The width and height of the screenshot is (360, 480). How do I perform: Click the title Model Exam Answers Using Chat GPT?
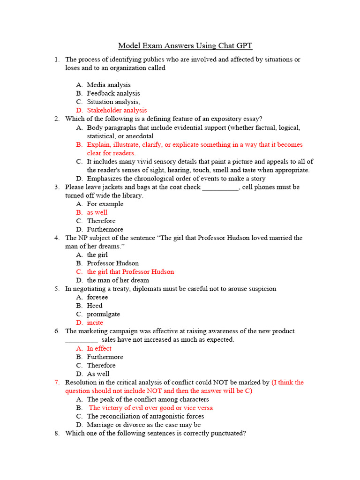point(185,45)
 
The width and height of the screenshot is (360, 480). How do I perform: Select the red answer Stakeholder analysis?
point(117,110)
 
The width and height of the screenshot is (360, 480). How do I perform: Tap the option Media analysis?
point(109,85)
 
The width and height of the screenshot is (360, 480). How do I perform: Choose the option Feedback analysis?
point(113,93)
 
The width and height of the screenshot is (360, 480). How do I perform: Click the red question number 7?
point(56,382)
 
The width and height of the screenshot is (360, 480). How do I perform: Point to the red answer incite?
point(95,322)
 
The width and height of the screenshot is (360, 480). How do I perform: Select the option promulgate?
point(103,314)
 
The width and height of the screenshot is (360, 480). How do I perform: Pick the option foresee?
point(97,297)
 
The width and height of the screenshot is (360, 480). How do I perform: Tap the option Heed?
point(95,306)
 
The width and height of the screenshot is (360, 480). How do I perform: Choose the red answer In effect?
point(99,348)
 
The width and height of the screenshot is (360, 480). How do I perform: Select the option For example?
point(105,204)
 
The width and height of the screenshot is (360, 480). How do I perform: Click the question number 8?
point(56,433)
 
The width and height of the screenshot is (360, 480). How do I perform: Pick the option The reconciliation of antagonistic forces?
point(145,416)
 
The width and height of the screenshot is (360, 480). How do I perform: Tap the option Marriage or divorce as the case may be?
point(144,425)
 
